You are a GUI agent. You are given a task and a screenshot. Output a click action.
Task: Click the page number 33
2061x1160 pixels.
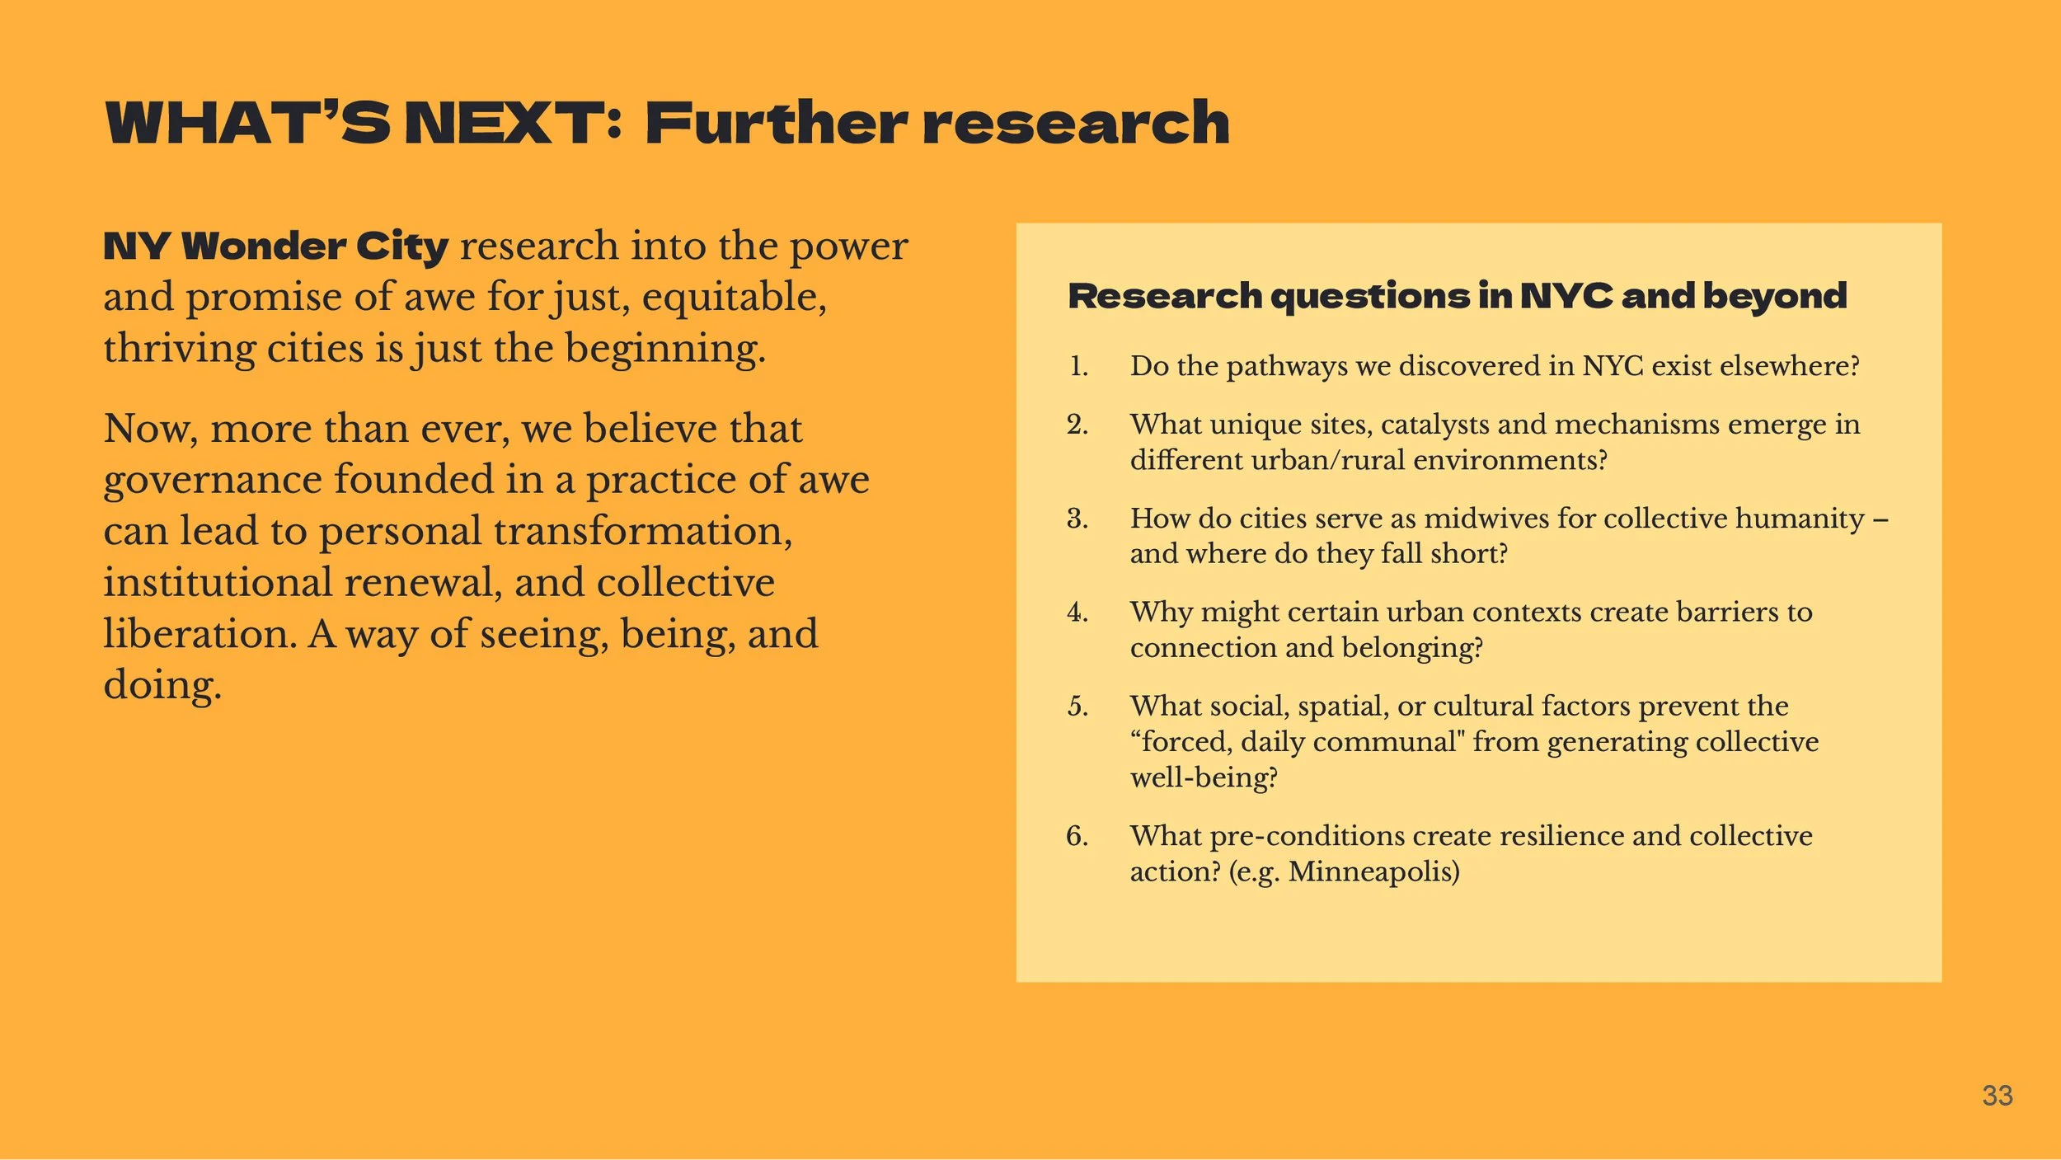point(1997,1096)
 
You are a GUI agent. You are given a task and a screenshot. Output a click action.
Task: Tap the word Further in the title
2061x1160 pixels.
point(775,124)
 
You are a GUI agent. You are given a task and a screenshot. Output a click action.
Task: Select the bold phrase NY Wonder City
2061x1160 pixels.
point(275,247)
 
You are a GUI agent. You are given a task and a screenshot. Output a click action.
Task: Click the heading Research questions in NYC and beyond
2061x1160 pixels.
point(1457,296)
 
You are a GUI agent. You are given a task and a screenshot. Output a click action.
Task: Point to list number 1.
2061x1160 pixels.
point(1078,366)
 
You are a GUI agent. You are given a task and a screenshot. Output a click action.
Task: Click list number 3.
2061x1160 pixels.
point(1077,519)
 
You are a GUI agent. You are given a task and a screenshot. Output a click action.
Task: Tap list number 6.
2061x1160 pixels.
point(1077,836)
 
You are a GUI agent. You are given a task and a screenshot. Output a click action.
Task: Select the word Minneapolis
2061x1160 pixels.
point(1373,871)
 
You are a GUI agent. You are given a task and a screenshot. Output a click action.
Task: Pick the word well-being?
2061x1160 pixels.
point(1204,777)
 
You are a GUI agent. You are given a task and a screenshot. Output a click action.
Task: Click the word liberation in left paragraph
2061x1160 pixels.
point(199,634)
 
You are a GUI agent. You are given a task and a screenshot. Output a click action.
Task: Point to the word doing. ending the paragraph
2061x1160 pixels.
point(162,685)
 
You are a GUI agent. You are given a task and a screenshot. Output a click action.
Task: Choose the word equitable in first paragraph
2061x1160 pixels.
point(734,298)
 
